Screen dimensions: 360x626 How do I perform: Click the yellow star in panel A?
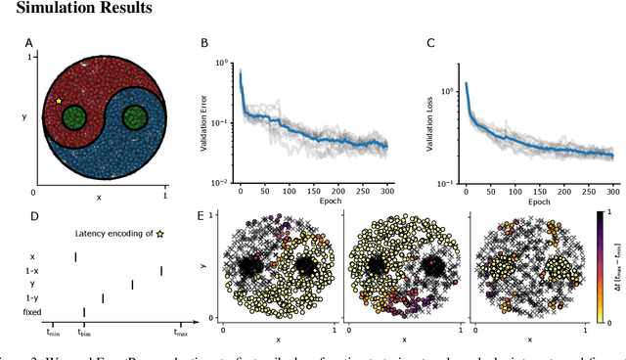(59, 101)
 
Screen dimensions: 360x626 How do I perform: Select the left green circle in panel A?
(72, 122)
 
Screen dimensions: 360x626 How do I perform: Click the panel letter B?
(203, 44)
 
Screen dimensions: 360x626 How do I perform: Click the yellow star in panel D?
(159, 261)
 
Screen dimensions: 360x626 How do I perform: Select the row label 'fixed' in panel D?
(32, 339)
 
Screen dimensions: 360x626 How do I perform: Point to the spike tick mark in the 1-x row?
(161, 297)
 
